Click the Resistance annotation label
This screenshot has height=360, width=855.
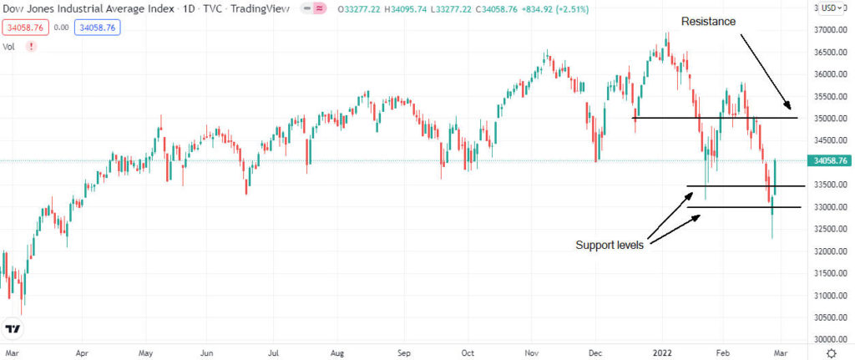click(x=708, y=21)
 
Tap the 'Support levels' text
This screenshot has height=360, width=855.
click(x=610, y=246)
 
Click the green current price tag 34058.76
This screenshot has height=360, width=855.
click(x=829, y=161)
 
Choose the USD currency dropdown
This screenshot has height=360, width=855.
click(x=830, y=8)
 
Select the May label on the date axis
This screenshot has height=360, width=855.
click(x=144, y=353)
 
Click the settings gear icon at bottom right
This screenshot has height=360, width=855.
click(x=830, y=353)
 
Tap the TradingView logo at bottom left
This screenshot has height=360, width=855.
click(x=13, y=330)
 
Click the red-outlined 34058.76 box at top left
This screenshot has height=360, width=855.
click(x=25, y=28)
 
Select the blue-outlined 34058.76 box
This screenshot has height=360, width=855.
click(x=97, y=28)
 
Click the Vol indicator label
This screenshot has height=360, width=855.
click(x=10, y=47)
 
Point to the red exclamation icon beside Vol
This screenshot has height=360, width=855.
click(x=32, y=47)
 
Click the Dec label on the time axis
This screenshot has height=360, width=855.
click(x=595, y=353)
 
